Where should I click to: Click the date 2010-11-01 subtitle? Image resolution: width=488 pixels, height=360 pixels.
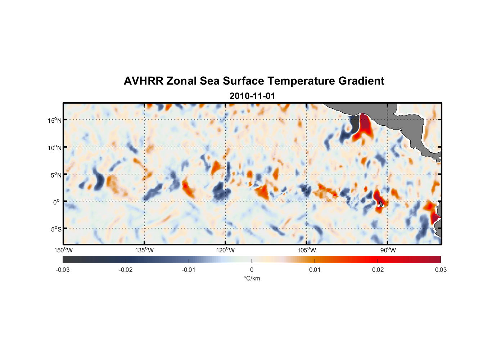pyautogui.click(x=252, y=96)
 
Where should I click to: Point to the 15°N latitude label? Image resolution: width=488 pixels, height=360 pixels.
pyautogui.click(x=55, y=120)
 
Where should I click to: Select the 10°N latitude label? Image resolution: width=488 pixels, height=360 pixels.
pyautogui.click(x=55, y=148)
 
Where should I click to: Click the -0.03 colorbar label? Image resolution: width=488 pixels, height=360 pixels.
pyautogui.click(x=63, y=270)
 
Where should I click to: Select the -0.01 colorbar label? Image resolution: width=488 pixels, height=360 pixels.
pyautogui.click(x=189, y=270)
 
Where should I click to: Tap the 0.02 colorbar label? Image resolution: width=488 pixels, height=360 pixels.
pyautogui.click(x=378, y=270)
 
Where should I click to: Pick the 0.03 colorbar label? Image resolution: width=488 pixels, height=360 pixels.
pyautogui.click(x=440, y=270)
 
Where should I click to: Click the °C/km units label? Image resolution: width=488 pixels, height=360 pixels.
pyautogui.click(x=252, y=279)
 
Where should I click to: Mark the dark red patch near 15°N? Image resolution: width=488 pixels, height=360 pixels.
pyautogui.click(x=365, y=124)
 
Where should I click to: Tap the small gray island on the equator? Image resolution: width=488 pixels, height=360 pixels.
pyautogui.click(x=381, y=204)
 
